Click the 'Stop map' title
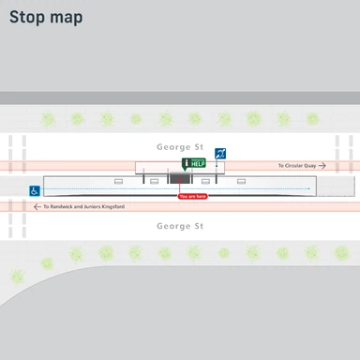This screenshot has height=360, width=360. point(46,17)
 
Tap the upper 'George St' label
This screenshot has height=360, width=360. point(180,148)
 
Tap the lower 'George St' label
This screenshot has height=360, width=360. point(180,226)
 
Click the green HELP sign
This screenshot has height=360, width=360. point(194,163)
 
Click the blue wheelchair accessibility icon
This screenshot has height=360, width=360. point(35,190)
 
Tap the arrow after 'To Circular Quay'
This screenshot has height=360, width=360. point(322,165)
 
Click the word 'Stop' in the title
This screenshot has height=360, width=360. point(28,17)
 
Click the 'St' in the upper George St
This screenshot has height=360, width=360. point(198,148)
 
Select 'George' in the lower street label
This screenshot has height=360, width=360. point(172,226)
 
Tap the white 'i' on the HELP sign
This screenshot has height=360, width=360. point(187,163)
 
